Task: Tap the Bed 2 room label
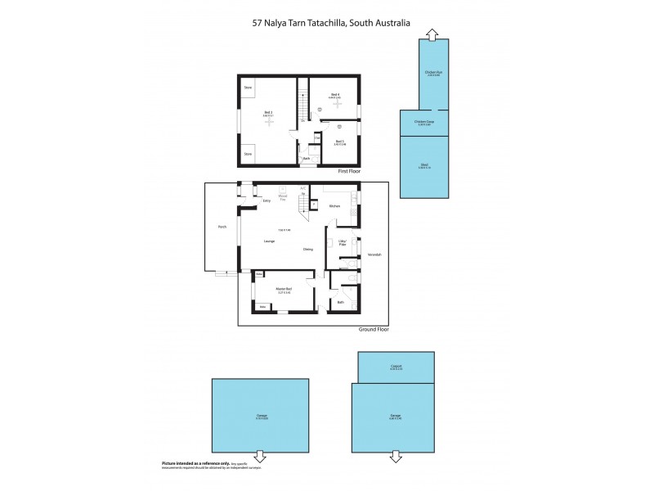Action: (x=267, y=112)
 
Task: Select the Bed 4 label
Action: (x=335, y=95)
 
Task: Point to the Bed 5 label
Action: (x=339, y=142)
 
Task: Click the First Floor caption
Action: (x=349, y=171)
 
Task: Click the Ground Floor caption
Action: (x=374, y=329)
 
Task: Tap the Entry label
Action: (x=267, y=200)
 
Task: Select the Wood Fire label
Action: (x=283, y=197)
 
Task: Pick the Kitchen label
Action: (x=334, y=206)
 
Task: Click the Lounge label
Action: (x=269, y=241)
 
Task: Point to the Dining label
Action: (x=308, y=249)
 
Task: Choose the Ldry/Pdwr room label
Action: (x=343, y=242)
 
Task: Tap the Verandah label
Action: (x=374, y=255)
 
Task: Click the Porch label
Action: (x=222, y=227)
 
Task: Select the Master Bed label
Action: (x=284, y=289)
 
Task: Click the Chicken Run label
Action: (x=433, y=72)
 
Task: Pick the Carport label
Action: (x=396, y=367)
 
